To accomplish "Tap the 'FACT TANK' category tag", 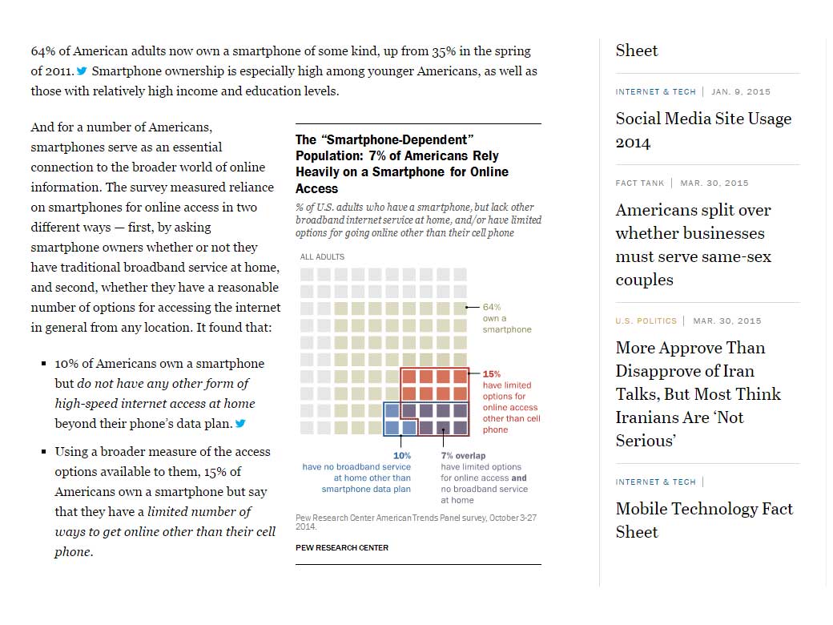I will (639, 183).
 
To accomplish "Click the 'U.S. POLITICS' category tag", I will (646, 321).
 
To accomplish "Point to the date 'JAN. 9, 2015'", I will (741, 91).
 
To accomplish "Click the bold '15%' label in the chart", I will (491, 374).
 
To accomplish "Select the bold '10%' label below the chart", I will (401, 456).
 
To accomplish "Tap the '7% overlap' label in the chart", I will (463, 456).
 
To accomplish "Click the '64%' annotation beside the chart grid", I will (492, 307).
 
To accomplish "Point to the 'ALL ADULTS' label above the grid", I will (322, 257).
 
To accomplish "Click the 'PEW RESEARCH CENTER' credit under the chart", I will (342, 547).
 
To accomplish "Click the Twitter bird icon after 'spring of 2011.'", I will (82, 71).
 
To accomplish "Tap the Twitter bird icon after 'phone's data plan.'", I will (239, 423).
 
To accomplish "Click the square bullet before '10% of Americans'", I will (43, 364).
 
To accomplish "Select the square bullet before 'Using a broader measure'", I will (43, 452).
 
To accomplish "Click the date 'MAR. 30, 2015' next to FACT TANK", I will (714, 183).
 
